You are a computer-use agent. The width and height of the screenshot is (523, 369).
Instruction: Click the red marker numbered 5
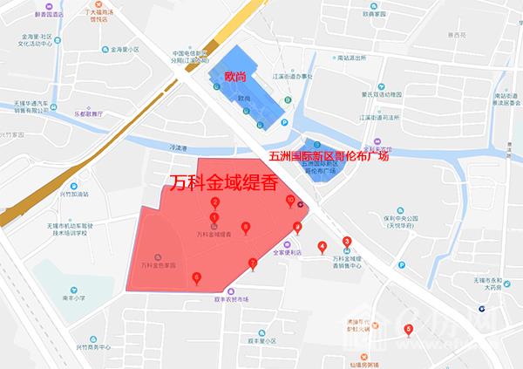pos(409,329)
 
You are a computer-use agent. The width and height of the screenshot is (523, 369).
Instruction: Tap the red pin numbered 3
pos(347,242)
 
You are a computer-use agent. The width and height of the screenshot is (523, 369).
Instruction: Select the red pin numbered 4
pos(323,246)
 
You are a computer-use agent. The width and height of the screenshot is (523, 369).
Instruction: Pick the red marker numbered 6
pos(196,277)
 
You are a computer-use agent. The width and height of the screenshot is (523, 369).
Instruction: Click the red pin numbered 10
pos(290,201)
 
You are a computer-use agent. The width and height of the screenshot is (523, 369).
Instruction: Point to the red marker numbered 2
pos(214,202)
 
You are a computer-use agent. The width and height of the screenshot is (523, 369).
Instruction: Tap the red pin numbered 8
pos(245,228)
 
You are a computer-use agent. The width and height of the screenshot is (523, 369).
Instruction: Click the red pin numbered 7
pos(253,262)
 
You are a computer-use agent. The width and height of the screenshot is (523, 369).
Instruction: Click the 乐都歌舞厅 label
pos(89,113)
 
